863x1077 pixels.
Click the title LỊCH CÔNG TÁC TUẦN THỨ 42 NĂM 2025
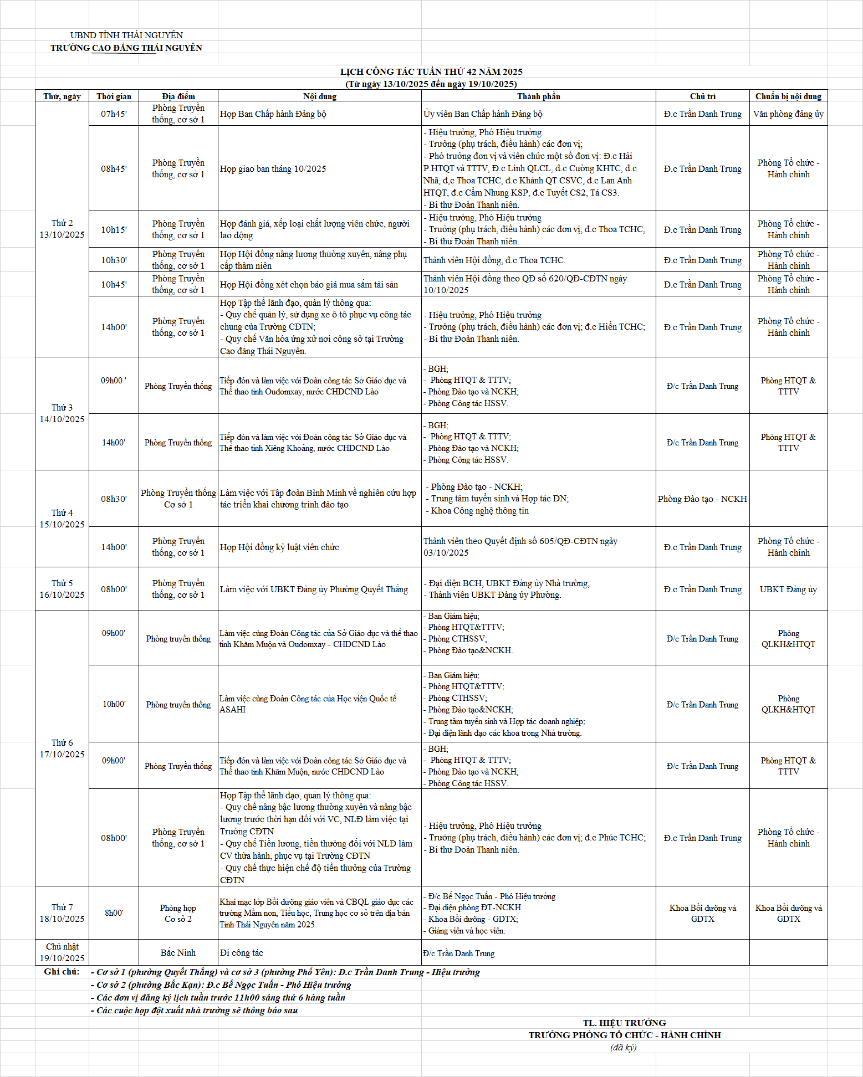click(431, 71)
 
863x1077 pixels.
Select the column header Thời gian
click(114, 96)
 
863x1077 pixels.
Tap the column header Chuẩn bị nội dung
click(788, 96)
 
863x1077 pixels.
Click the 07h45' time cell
click(114, 114)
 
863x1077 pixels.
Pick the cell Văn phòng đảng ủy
click(788, 114)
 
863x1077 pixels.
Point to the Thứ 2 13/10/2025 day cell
click(62, 229)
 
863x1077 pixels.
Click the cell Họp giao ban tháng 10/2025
click(273, 169)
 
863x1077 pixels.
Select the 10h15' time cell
click(114, 229)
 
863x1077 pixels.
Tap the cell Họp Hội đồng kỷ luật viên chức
click(279, 547)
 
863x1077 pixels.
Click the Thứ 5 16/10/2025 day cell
click(62, 589)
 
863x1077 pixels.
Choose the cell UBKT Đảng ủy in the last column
click(788, 589)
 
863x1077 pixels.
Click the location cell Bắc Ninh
click(178, 953)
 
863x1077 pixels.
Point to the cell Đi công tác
click(242, 953)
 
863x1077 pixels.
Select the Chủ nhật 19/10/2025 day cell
click(62, 952)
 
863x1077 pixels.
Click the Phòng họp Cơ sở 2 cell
click(178, 914)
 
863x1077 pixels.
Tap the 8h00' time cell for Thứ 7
click(114, 913)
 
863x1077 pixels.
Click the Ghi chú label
click(62, 972)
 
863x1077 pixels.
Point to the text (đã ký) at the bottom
click(624, 1048)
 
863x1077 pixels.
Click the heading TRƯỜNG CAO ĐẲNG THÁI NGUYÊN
click(126, 48)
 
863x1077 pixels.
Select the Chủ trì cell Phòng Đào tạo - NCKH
click(702, 499)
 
